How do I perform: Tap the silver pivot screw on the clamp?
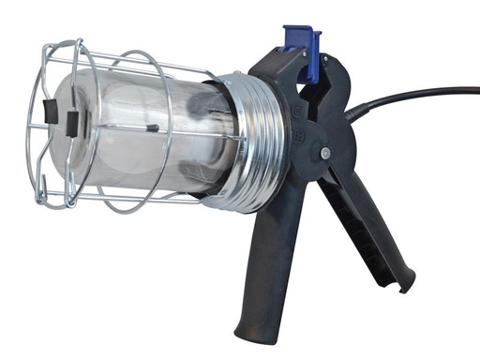click(325, 153)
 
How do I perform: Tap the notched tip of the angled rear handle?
click(405, 282)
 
